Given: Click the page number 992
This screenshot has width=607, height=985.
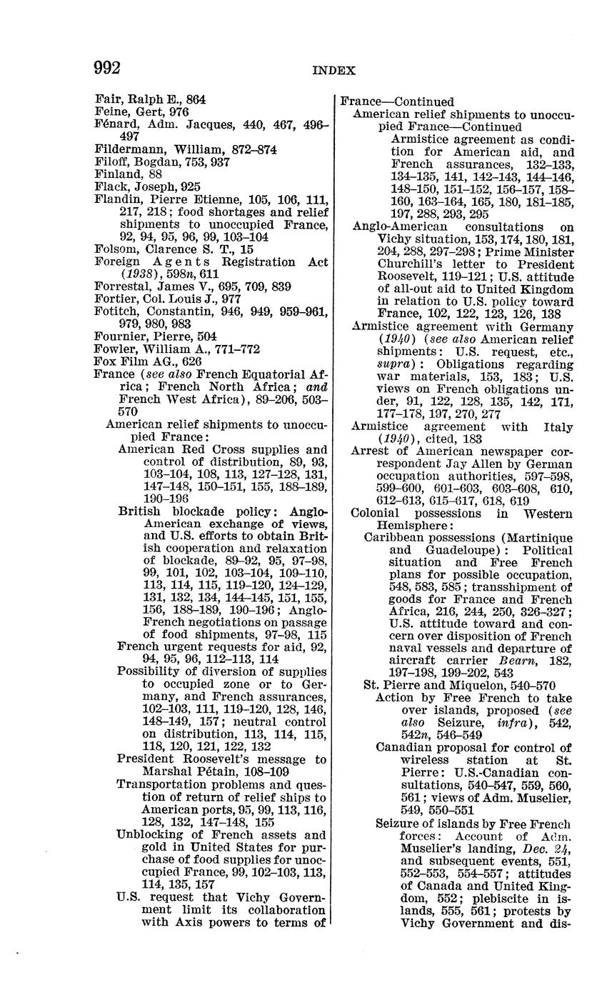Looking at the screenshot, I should point(107,68).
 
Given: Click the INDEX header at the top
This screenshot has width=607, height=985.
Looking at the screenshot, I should point(333,70).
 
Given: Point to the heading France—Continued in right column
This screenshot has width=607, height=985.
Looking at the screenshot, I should point(396,102).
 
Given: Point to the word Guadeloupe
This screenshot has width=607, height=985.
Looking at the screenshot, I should point(448,550).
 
